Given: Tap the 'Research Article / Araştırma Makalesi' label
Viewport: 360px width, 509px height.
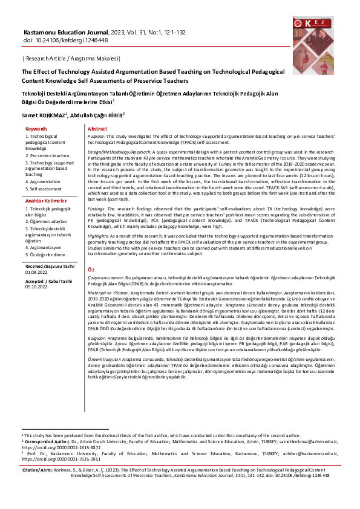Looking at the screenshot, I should tap(71, 58).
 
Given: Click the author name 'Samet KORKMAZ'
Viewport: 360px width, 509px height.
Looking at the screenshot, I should tap(44, 115).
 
